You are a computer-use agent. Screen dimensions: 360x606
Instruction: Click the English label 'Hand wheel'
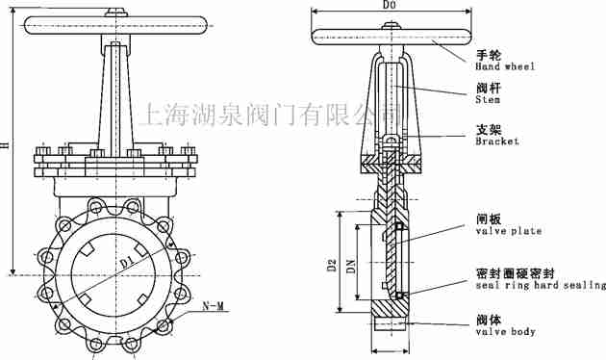(x=505, y=67)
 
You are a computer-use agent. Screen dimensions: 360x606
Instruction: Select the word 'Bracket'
(x=496, y=141)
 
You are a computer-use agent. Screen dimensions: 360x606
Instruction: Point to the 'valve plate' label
(x=508, y=231)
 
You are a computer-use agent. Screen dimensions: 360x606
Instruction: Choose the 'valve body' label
(x=505, y=331)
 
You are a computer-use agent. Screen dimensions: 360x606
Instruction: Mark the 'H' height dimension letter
(x=5, y=144)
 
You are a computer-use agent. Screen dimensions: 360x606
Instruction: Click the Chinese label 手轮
(x=488, y=55)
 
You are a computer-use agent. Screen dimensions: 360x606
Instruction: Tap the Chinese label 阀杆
(x=488, y=86)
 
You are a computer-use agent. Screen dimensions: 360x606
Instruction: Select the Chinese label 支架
(x=488, y=129)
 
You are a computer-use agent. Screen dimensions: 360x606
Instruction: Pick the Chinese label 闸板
(x=488, y=219)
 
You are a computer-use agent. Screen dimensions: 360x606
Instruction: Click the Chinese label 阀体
(x=488, y=319)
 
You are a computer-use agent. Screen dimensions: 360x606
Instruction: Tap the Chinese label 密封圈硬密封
(x=518, y=273)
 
